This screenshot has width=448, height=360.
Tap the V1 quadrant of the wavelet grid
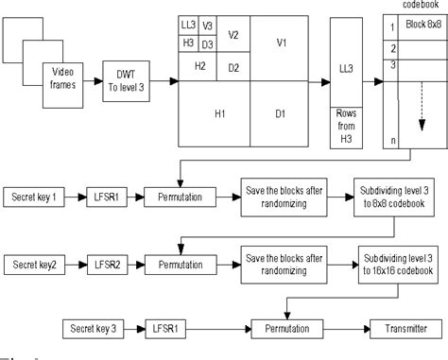[x=280, y=44]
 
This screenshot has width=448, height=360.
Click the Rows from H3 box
[x=345, y=127]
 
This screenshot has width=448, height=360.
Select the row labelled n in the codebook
[x=393, y=141]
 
